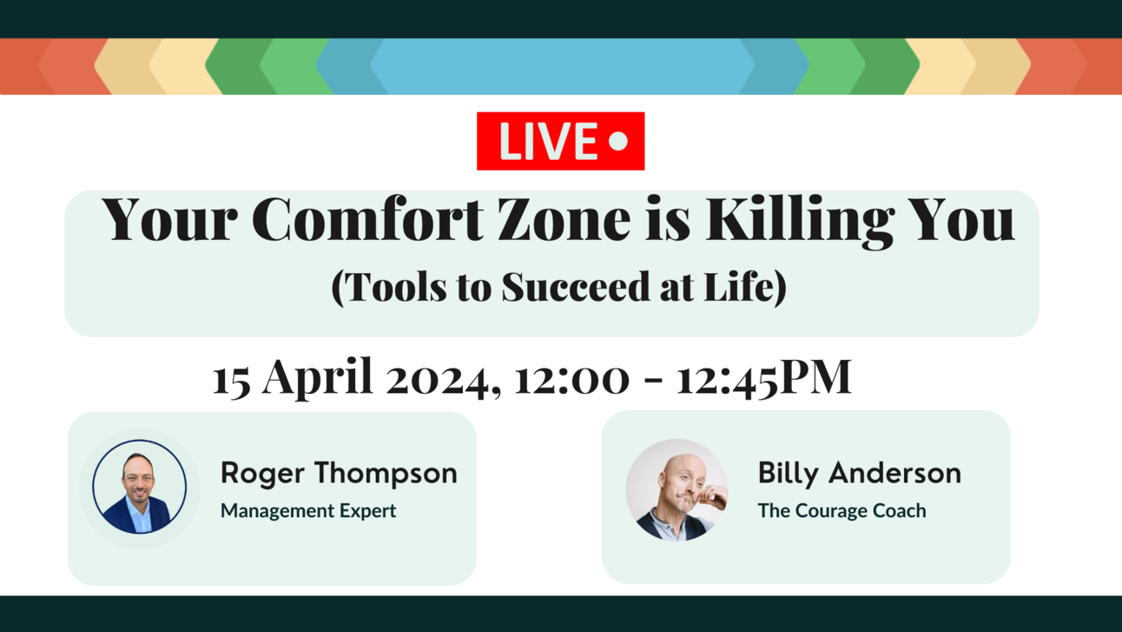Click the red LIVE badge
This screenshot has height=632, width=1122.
(560, 141)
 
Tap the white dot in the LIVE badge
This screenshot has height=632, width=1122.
(618, 141)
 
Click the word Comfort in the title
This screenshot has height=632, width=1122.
(366, 220)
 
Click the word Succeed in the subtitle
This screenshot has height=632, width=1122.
(576, 286)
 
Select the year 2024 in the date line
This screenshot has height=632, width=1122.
(443, 381)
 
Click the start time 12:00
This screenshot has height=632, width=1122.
(571, 380)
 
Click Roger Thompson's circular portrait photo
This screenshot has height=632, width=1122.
(140, 487)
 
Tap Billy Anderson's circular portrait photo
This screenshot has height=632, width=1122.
(676, 490)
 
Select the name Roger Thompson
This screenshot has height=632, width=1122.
(339, 474)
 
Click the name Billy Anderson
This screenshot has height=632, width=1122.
(860, 474)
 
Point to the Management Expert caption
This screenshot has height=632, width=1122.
(308, 511)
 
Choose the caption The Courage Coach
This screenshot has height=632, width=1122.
(842, 510)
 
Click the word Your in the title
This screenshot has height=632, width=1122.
(169, 220)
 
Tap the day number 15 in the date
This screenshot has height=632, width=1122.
(231, 381)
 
